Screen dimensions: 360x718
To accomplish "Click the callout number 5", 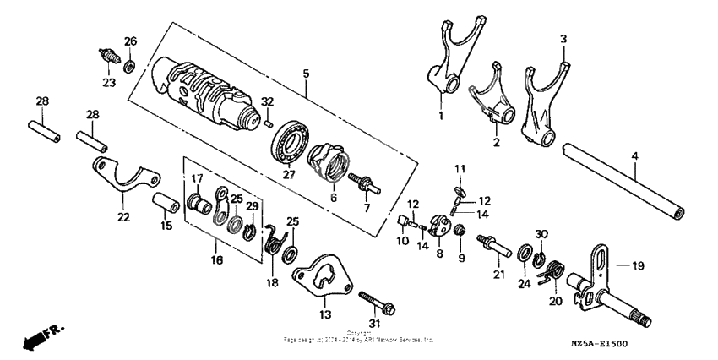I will [305, 74].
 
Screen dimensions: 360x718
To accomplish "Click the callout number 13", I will [325, 314].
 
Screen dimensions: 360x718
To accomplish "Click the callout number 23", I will [109, 82].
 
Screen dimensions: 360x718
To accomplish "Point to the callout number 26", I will [130, 41].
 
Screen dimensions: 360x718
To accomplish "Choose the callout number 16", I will [217, 260].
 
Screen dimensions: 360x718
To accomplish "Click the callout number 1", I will [439, 114].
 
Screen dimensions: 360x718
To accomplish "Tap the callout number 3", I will [563, 39].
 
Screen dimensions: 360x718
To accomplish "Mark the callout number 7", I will [367, 207].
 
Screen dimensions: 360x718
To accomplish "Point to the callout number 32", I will [268, 101].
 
